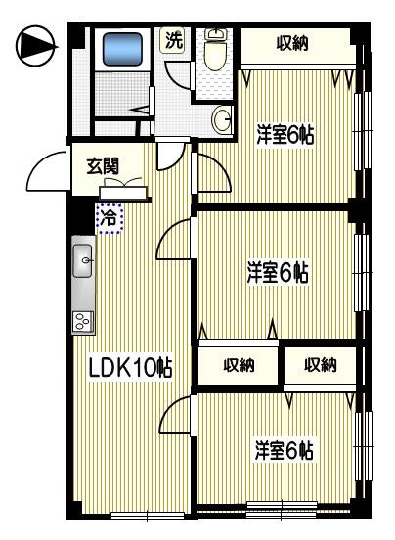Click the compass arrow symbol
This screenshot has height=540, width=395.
click(x=35, y=46)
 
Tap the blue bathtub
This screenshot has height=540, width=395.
click(x=122, y=49)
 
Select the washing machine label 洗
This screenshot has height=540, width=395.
click(x=173, y=40)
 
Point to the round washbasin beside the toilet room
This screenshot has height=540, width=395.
click(x=222, y=119)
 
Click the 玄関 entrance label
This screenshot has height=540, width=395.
click(x=103, y=166)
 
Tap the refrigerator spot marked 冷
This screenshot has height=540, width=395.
click(x=110, y=218)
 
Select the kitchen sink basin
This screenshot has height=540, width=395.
click(x=83, y=260)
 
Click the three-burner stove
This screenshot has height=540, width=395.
click(x=83, y=322)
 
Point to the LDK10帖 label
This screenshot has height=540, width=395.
click(x=130, y=367)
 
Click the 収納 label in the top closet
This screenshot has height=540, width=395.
click(x=292, y=44)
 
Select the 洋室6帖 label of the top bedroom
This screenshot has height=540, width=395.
click(x=285, y=135)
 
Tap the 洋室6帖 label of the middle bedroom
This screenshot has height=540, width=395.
click(x=278, y=273)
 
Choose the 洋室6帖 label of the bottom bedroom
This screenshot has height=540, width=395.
click(x=285, y=450)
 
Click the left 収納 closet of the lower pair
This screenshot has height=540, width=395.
click(x=239, y=365)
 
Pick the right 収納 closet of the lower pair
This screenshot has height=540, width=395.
click(x=320, y=365)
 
